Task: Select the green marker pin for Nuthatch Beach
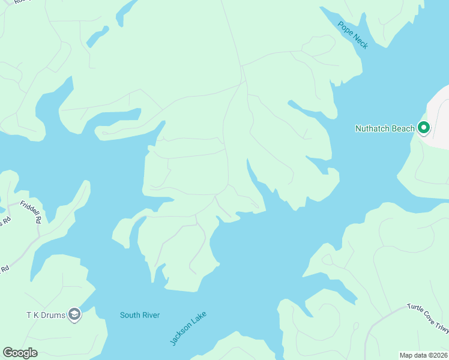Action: (424, 128)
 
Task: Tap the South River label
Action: (140, 315)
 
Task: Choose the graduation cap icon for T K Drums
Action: (74, 315)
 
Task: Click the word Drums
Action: (52, 315)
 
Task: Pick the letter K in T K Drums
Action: (35, 315)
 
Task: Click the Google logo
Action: (20, 353)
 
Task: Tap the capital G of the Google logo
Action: (8, 353)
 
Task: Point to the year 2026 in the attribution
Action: (438, 355)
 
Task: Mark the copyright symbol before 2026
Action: (427, 355)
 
